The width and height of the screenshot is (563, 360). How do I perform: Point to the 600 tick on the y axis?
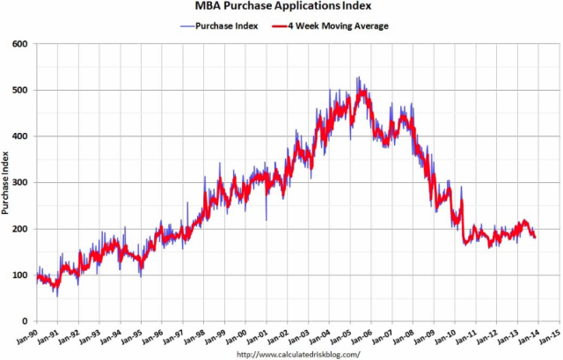point(20,44)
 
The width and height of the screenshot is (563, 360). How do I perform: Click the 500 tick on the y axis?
point(20,90)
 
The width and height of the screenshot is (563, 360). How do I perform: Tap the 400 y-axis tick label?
point(20,136)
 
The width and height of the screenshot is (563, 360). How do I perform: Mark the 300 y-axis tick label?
point(20,183)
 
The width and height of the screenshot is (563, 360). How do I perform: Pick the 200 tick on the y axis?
point(20,229)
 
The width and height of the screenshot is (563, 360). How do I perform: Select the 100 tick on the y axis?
point(20,276)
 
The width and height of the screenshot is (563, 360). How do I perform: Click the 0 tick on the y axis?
point(26,321)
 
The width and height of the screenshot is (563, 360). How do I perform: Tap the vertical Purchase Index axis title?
point(7,182)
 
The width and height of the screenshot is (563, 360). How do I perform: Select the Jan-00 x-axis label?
point(230,337)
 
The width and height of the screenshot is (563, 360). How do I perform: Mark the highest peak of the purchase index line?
point(358,77)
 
